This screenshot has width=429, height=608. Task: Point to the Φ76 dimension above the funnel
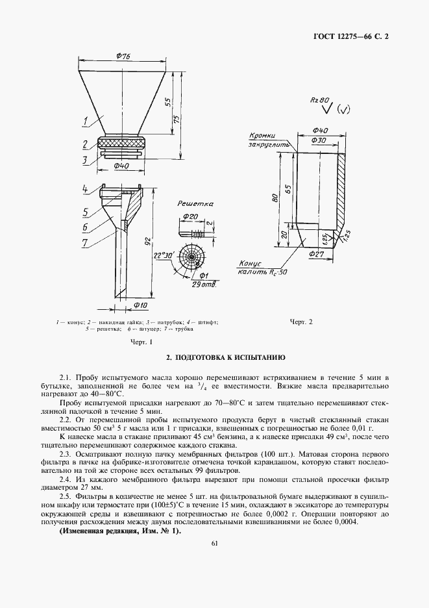[123, 57]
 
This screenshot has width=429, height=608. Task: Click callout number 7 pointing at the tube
[85, 243]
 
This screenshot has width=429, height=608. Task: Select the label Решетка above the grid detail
[195, 203]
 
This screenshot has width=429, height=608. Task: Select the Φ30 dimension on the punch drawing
[319, 140]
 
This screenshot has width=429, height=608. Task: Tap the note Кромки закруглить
[267, 140]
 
